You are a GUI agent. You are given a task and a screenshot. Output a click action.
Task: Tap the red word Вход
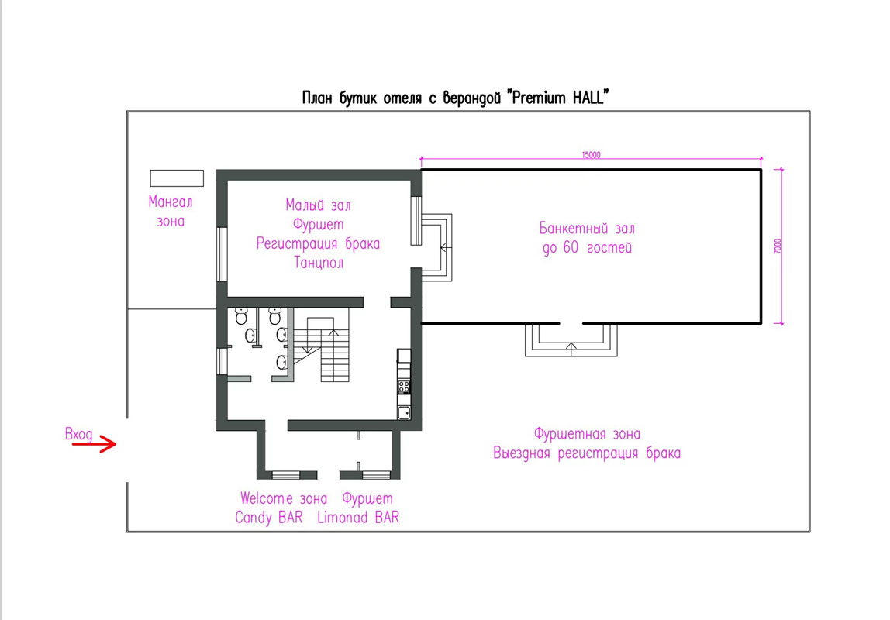click(x=79, y=435)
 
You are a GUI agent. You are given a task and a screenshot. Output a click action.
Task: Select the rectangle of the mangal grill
click(x=177, y=177)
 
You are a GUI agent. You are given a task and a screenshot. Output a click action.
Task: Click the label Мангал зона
click(x=171, y=211)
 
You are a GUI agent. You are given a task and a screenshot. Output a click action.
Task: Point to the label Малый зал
click(x=318, y=205)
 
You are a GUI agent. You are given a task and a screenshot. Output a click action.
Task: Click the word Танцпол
click(x=318, y=263)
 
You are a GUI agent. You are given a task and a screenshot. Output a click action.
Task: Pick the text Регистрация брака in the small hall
click(x=318, y=243)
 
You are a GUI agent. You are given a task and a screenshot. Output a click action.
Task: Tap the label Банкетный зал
click(x=586, y=229)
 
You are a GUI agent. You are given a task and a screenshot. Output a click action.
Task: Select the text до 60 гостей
click(x=586, y=248)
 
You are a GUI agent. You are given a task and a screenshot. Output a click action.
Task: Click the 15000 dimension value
click(x=591, y=155)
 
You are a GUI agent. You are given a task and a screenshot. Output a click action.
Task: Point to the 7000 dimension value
click(x=778, y=247)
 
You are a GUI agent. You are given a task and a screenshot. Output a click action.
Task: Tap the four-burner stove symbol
click(x=404, y=386)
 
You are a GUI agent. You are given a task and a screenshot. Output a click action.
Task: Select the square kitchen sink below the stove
click(x=404, y=412)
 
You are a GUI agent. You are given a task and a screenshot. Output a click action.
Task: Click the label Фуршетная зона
click(x=587, y=434)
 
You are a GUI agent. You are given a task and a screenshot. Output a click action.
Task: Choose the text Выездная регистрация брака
click(x=587, y=453)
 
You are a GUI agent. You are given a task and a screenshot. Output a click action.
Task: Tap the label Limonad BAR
click(x=358, y=518)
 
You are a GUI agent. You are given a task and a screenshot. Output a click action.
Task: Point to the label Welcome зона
click(x=283, y=498)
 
